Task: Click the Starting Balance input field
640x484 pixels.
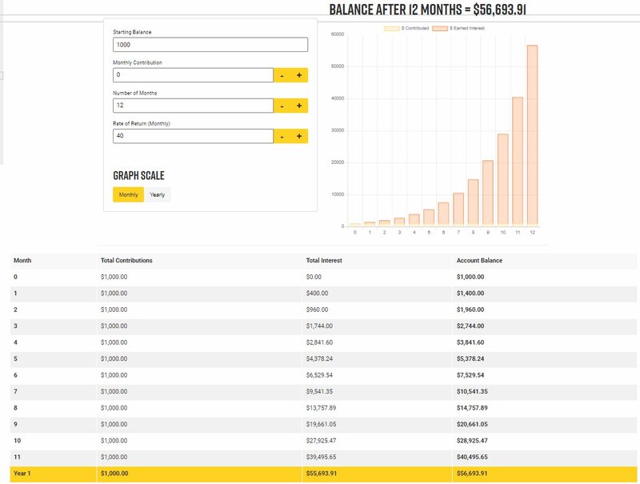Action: (x=210, y=45)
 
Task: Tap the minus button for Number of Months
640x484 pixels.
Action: (x=282, y=106)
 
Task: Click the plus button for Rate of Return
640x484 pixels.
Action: (x=299, y=136)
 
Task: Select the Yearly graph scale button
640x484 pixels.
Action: (x=158, y=194)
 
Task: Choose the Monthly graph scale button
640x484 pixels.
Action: (x=128, y=194)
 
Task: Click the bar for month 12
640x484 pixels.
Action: (x=532, y=136)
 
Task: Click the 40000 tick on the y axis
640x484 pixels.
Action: (x=337, y=98)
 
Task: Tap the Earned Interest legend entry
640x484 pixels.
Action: (x=458, y=28)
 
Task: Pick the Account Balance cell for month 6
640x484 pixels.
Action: (x=470, y=374)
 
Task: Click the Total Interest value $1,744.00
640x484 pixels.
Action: (x=321, y=326)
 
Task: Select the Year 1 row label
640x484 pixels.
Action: (x=23, y=474)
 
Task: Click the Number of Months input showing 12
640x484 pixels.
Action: (x=194, y=106)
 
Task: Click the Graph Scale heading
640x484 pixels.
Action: (x=139, y=175)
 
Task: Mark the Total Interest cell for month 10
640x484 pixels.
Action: (x=323, y=440)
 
